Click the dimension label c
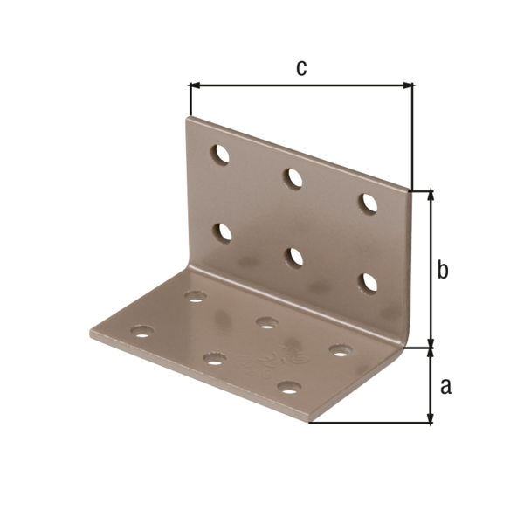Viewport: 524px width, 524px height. click(x=300, y=68)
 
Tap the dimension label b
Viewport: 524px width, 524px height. click(x=443, y=271)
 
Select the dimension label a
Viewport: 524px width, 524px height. click(x=445, y=386)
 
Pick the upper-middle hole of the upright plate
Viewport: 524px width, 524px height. click(x=293, y=177)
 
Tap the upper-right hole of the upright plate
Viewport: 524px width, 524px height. click(x=369, y=203)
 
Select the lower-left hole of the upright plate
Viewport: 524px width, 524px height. click(x=223, y=232)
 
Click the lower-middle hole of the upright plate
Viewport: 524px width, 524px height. click(x=294, y=257)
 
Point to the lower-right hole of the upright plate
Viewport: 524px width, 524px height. click(x=369, y=282)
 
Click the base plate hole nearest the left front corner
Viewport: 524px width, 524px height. click(x=141, y=332)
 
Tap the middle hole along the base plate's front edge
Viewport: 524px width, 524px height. click(x=214, y=358)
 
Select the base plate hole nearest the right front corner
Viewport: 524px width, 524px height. click(x=289, y=386)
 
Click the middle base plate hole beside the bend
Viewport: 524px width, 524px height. click(x=266, y=323)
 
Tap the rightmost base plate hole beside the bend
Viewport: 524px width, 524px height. click(x=340, y=350)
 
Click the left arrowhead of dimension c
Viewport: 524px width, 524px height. click(x=194, y=86)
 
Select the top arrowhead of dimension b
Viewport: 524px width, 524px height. click(x=430, y=195)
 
